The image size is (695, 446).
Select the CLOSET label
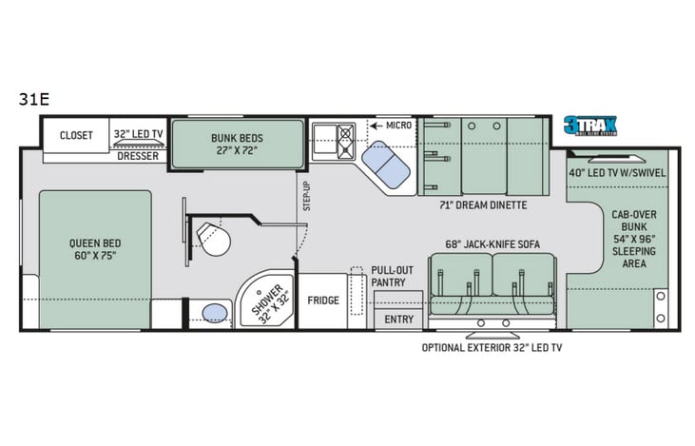pos(76,135)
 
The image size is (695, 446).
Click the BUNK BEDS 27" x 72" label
pos(238,144)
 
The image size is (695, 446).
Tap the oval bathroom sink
pos(216,313)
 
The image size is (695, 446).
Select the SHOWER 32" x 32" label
pos(263,301)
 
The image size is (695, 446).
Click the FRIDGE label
pos(323,300)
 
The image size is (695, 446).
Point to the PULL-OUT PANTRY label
pos(388,276)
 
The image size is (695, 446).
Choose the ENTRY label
pos(398,320)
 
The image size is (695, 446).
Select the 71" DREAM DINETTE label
pos(483,204)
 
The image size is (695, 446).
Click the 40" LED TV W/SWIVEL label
pos(617,172)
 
